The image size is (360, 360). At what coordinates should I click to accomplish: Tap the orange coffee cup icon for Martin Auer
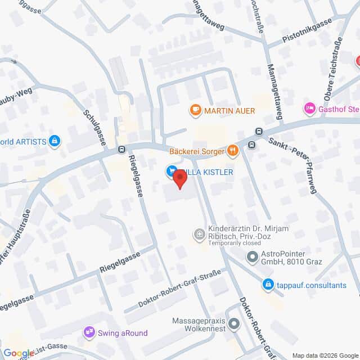[196, 109]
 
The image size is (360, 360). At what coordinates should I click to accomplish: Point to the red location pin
[179, 179]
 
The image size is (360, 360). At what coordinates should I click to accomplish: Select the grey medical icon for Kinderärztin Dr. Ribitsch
[199, 234]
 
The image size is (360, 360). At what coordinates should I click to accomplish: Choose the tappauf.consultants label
[312, 285]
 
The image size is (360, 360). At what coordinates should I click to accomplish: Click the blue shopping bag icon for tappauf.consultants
[268, 285]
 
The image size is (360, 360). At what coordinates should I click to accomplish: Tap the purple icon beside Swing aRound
[88, 333]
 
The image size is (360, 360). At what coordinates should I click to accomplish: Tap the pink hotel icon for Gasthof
[309, 107]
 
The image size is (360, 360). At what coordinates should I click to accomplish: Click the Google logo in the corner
[19, 353]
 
